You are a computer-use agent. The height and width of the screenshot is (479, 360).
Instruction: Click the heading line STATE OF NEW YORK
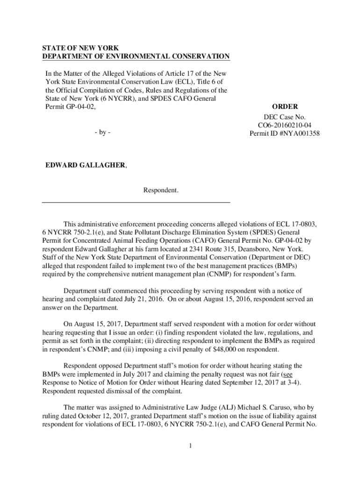[x=74, y=48]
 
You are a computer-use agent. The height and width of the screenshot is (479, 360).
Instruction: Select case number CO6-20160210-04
[x=284, y=125]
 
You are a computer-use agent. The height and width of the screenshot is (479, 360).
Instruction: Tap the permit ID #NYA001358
[x=284, y=134]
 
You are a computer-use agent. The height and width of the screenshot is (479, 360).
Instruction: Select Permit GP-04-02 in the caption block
[x=73, y=107]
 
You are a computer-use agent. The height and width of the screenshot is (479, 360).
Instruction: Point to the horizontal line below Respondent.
[x=136, y=202]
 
